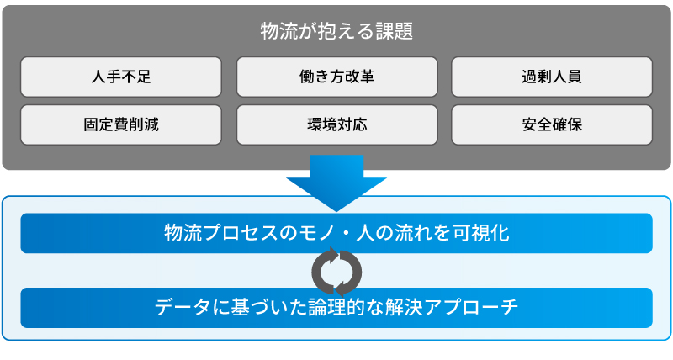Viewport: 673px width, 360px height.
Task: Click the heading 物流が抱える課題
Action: coord(336,31)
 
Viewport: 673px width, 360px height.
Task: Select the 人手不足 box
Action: coord(121,77)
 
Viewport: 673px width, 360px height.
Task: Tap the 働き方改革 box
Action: coord(337,77)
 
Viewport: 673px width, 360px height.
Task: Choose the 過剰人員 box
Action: coord(552,77)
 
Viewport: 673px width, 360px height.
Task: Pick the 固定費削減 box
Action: coord(121,124)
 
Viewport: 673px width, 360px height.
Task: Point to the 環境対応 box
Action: coord(337,124)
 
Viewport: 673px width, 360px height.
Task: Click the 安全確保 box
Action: coord(552,124)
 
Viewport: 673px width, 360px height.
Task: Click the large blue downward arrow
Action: coord(336,183)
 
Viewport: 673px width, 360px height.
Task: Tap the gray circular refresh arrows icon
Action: coord(337,272)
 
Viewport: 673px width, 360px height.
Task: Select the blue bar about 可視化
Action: coord(336,234)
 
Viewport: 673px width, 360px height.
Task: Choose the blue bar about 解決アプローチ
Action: coord(336,308)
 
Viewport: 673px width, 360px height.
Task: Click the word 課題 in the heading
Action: coord(394,31)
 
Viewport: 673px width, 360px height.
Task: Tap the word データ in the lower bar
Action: coord(183,307)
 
